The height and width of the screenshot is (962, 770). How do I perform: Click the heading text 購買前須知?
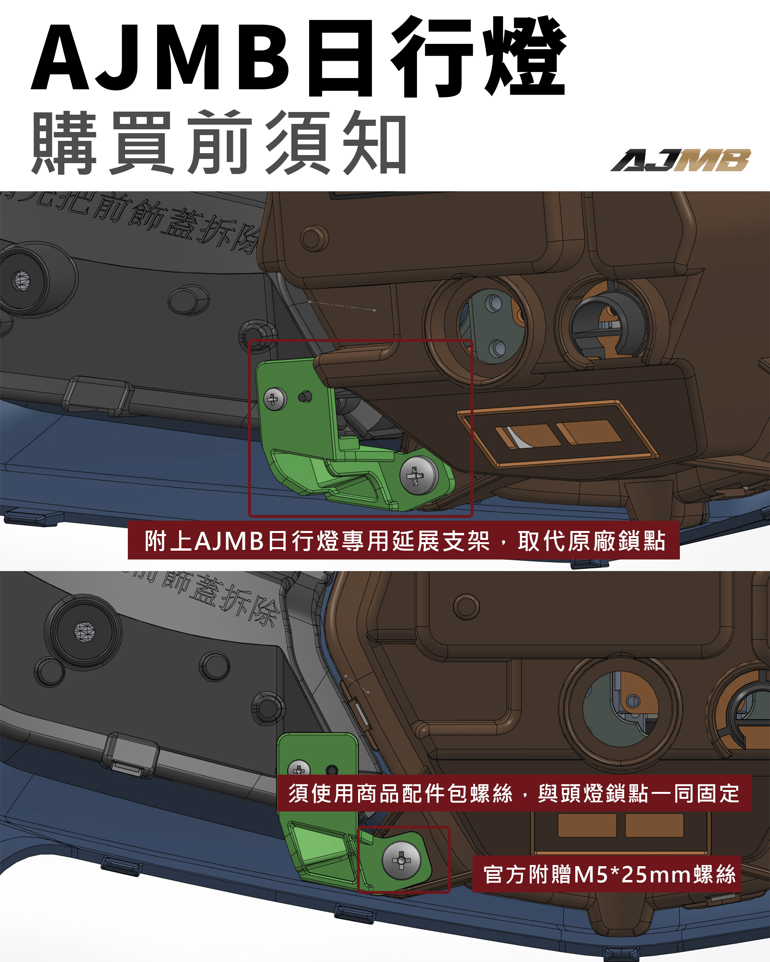[x=219, y=143]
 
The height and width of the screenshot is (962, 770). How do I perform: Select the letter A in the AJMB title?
[x=60, y=58]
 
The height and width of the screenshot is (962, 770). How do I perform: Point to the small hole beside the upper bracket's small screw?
[x=305, y=396]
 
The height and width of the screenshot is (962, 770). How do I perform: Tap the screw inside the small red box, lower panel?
[x=401, y=860]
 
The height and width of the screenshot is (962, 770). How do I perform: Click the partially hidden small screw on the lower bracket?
[x=299, y=769]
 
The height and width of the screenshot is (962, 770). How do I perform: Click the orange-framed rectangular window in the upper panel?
[x=558, y=434]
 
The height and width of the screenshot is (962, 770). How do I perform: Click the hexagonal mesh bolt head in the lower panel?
[x=84, y=632]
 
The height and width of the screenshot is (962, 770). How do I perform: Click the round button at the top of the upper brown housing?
[x=314, y=239]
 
